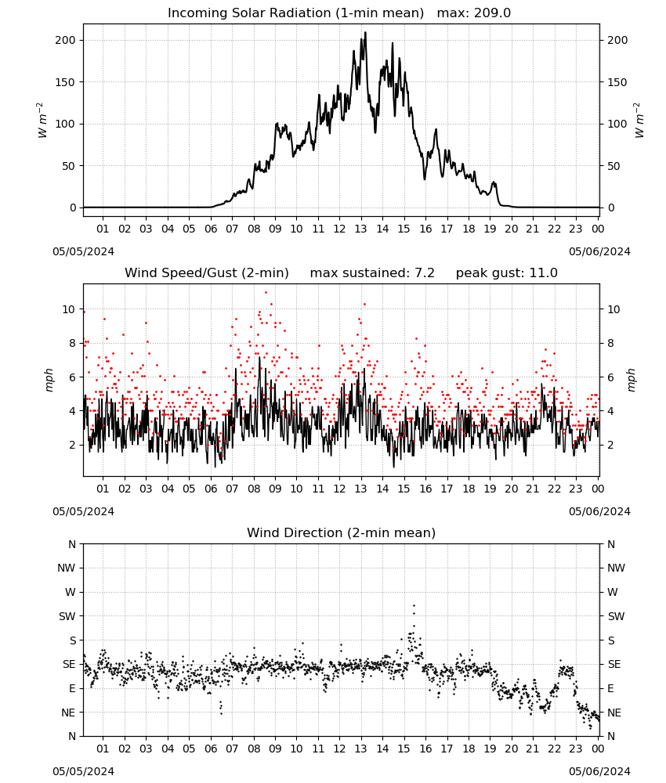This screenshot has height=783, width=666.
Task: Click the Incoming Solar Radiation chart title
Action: pos(295,13)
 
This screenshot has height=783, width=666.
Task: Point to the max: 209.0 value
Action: pos(474,13)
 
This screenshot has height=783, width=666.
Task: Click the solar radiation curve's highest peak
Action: pos(365,32)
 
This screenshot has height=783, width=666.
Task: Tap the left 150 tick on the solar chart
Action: pos(65,82)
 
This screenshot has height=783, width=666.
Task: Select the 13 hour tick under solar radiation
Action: pos(360,229)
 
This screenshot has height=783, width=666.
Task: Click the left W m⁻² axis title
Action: pos(42,121)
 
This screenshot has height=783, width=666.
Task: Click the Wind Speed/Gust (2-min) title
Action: pos(207,273)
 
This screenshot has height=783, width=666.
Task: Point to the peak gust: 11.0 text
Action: pos(507,273)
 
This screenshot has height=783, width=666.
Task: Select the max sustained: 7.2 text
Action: pos(372,273)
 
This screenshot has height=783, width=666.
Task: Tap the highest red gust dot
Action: pos(266,293)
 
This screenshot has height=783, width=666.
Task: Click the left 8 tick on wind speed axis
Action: pos(72,343)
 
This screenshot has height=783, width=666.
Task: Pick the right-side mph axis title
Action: pos(632,381)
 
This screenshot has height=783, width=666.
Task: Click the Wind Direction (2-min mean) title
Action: pos(342,532)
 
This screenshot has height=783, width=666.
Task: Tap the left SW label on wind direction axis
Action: pos(67,616)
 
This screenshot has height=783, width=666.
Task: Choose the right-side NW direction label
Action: pos(616,568)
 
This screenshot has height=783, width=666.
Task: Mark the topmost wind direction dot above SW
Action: pos(414,606)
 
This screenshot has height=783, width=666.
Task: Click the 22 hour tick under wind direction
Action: pos(554,749)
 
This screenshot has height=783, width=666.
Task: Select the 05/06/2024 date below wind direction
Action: pos(599,771)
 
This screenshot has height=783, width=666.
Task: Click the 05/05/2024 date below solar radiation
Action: pos(83,251)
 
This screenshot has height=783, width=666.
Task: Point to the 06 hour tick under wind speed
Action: pos(211,489)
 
